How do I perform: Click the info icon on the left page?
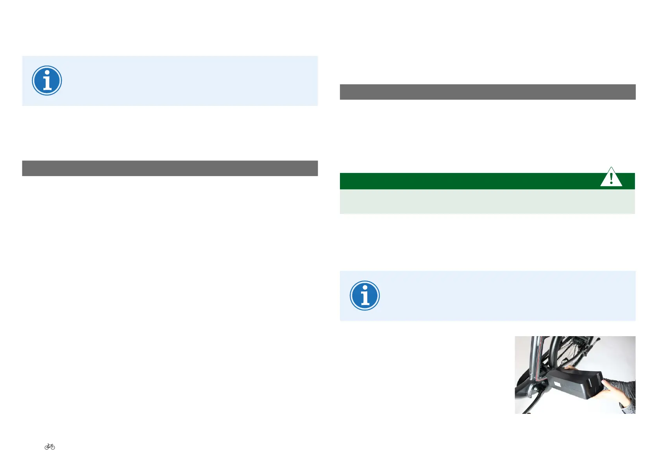tap(47, 80)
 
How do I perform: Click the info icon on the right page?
tap(365, 296)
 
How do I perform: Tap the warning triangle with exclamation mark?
tap(611, 178)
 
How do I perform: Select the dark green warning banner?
tap(469, 181)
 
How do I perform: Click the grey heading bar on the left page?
tap(170, 168)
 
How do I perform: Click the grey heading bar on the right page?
tap(487, 92)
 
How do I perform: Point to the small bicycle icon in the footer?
tap(50, 447)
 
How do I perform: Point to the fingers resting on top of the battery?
tap(569, 367)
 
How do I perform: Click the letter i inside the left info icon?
tap(47, 81)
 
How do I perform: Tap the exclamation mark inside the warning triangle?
tap(611, 179)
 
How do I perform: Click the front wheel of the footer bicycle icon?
tap(53, 447)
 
